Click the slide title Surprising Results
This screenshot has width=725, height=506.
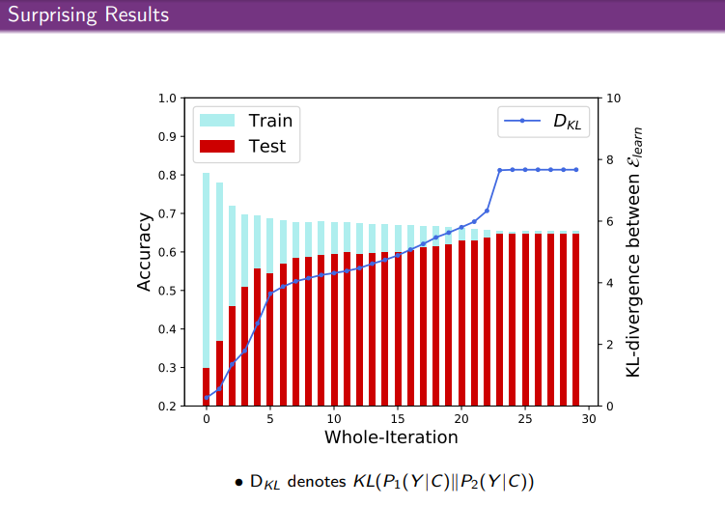coord(87,15)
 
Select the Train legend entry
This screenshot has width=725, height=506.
coord(246,121)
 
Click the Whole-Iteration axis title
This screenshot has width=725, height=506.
coord(390,437)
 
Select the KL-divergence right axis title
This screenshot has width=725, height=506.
coord(633,251)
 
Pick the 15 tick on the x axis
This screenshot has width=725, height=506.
coord(398,419)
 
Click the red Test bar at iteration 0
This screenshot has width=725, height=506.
coord(207,386)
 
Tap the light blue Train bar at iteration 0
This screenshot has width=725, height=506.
coord(207,270)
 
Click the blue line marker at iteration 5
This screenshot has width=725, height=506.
coord(270,293)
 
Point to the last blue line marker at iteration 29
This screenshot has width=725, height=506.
coord(575,170)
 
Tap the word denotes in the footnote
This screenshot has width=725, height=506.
coord(315,480)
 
